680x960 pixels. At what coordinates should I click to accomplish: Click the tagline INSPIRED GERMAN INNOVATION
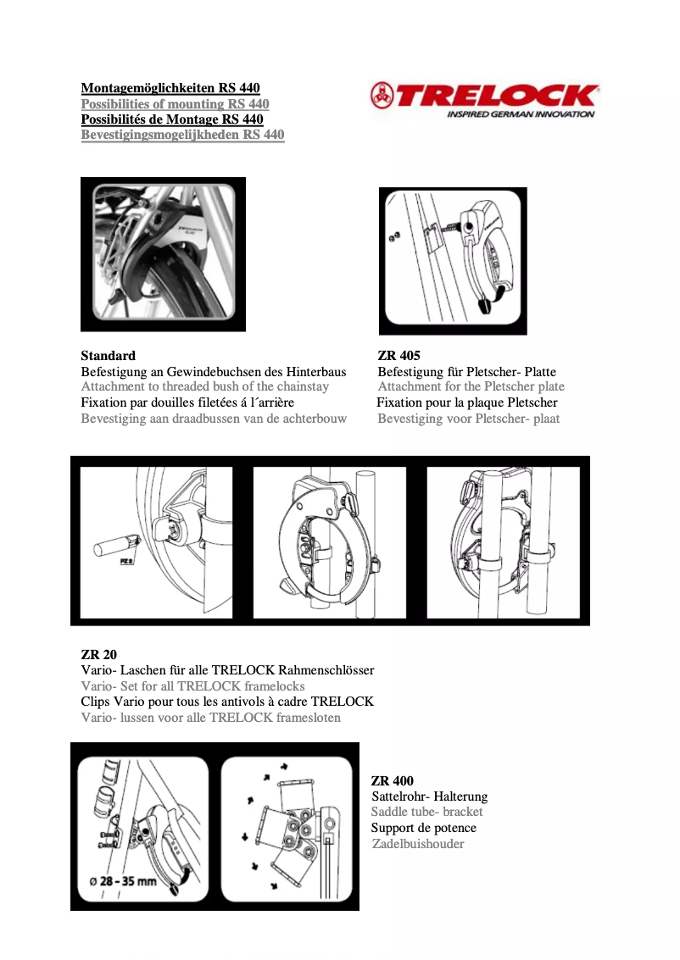click(x=521, y=114)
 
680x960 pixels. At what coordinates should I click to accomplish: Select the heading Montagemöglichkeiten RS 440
click(x=170, y=88)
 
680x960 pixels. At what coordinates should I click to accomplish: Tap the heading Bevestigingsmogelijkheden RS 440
click(x=182, y=135)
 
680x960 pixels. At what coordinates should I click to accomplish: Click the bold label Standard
click(x=108, y=356)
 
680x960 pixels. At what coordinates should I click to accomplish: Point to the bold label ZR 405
click(x=399, y=356)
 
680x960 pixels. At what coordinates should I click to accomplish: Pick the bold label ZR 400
click(x=393, y=780)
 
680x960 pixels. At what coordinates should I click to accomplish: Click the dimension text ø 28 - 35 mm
click(x=124, y=881)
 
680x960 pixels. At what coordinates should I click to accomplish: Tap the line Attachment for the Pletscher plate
click(x=471, y=387)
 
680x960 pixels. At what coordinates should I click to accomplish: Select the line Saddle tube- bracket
click(x=427, y=813)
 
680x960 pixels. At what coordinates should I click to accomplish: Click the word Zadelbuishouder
click(x=418, y=844)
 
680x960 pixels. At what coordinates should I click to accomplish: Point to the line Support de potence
click(x=424, y=828)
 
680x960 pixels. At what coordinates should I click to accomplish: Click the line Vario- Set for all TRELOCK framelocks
click(x=192, y=686)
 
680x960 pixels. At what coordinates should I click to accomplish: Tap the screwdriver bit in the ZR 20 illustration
click(x=115, y=542)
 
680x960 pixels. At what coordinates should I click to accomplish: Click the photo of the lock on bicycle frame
click(x=163, y=254)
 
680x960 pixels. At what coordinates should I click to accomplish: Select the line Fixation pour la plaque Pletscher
click(x=467, y=402)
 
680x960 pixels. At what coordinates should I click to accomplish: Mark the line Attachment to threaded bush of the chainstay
click(x=204, y=387)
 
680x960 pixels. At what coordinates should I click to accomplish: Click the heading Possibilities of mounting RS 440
click(x=175, y=104)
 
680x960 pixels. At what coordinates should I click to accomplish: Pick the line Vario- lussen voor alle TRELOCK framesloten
click(x=210, y=718)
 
